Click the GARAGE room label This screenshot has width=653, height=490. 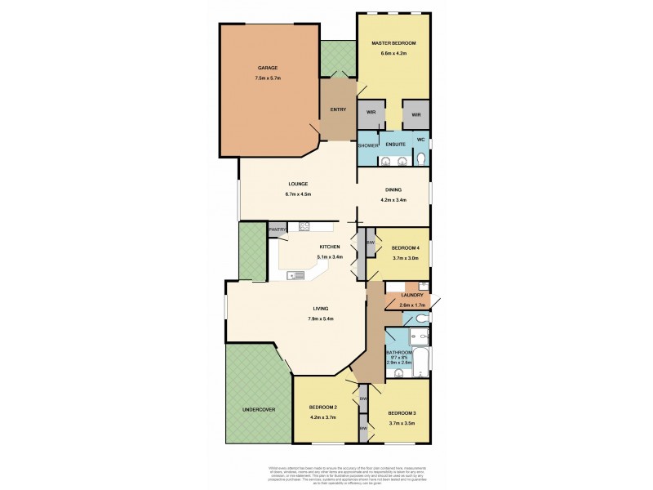click(268, 68)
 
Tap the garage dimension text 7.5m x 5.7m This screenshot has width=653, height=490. click(268, 79)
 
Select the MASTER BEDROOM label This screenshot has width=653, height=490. click(393, 42)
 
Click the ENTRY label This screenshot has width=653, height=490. click(338, 109)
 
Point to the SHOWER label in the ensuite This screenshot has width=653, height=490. click(368, 145)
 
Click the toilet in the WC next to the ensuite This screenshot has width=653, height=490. click(421, 159)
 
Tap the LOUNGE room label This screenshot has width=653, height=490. click(297, 184)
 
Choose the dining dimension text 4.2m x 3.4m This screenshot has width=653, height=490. click(393, 200)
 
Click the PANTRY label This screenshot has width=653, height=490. click(278, 229)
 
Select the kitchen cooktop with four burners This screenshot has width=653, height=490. click(304, 225)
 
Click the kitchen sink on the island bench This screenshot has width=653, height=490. click(291, 275)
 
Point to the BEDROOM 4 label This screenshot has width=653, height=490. click(406, 247)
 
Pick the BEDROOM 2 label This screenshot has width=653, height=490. click(323, 408)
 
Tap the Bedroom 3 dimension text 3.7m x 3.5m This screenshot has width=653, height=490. click(402, 423)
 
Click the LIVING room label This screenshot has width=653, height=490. click(319, 308)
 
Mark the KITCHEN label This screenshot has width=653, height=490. click(330, 247)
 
